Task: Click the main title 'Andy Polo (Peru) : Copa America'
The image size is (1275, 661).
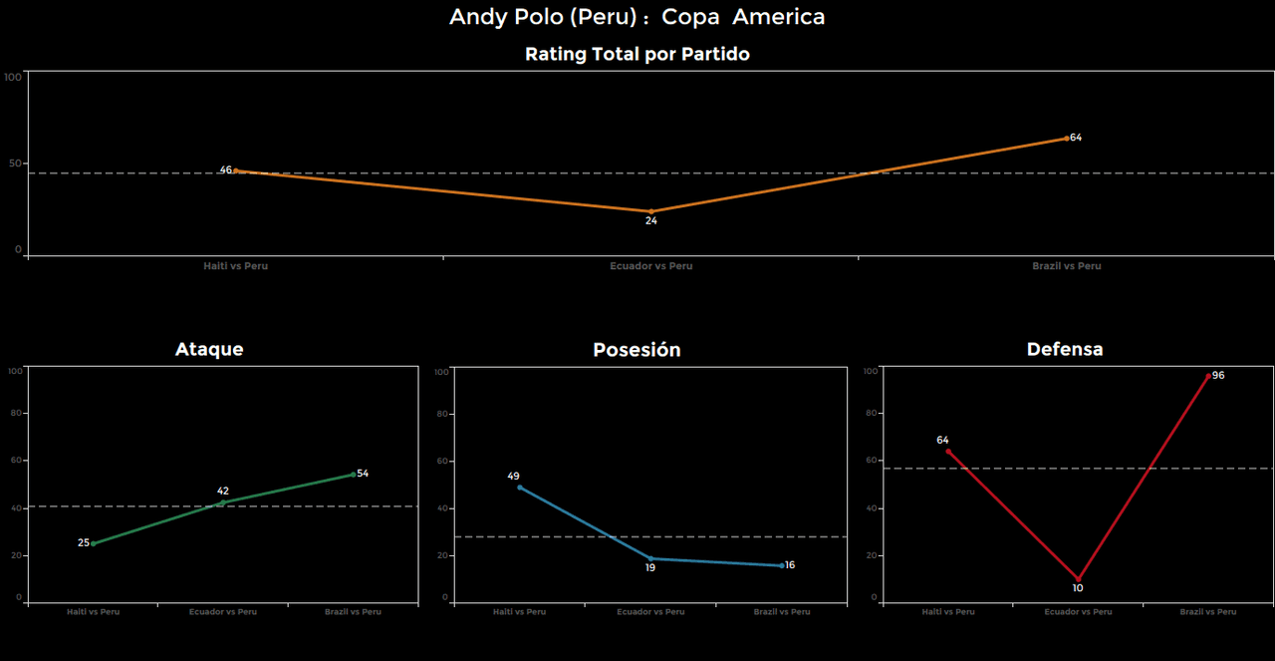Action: [637, 17]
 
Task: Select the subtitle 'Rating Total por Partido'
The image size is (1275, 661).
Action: [637, 55]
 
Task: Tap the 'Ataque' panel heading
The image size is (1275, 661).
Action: [209, 349]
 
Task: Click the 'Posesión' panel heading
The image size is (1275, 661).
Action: [637, 350]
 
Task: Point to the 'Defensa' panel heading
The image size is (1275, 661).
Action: [1065, 349]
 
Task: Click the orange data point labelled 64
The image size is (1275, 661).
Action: [1066, 139]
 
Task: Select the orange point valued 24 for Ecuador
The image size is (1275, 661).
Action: [650, 211]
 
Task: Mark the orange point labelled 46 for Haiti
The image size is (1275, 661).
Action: [236, 170]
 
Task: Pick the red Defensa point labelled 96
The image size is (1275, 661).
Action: [1208, 376]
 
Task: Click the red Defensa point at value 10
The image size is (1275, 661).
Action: [1078, 579]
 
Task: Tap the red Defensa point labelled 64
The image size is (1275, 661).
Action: [947, 451]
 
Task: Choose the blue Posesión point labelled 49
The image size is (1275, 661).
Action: [520, 488]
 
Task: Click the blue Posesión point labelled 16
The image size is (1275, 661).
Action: [782, 565]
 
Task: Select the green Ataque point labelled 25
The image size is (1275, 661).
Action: [94, 543]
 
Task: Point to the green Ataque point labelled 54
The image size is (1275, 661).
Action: [353, 475]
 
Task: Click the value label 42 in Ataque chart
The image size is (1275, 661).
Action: [223, 491]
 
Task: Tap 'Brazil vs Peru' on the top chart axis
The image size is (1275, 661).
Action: [1066, 266]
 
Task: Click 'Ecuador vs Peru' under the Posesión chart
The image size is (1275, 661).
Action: [650, 612]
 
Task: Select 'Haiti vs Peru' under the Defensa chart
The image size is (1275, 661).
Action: [947, 612]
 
